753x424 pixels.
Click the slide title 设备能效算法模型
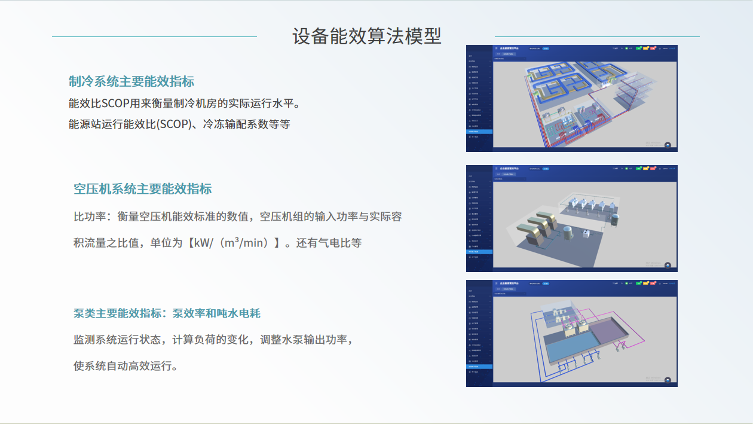(366, 36)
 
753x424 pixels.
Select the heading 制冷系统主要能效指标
(131, 81)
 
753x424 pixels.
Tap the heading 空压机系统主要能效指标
(142, 189)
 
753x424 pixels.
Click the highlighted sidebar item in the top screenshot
(479, 132)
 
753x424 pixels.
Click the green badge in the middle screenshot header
(638, 169)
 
